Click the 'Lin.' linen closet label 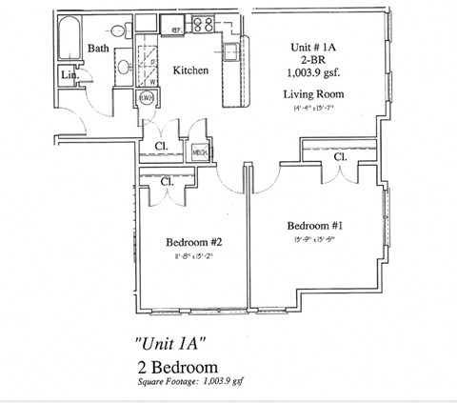69,75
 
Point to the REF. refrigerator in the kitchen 176,30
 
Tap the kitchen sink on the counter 230,50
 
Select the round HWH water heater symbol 148,98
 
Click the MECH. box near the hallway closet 201,152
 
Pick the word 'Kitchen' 190,71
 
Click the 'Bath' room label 98,48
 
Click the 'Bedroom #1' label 315,226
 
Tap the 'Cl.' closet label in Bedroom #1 340,157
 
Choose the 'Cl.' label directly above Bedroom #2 167,181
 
